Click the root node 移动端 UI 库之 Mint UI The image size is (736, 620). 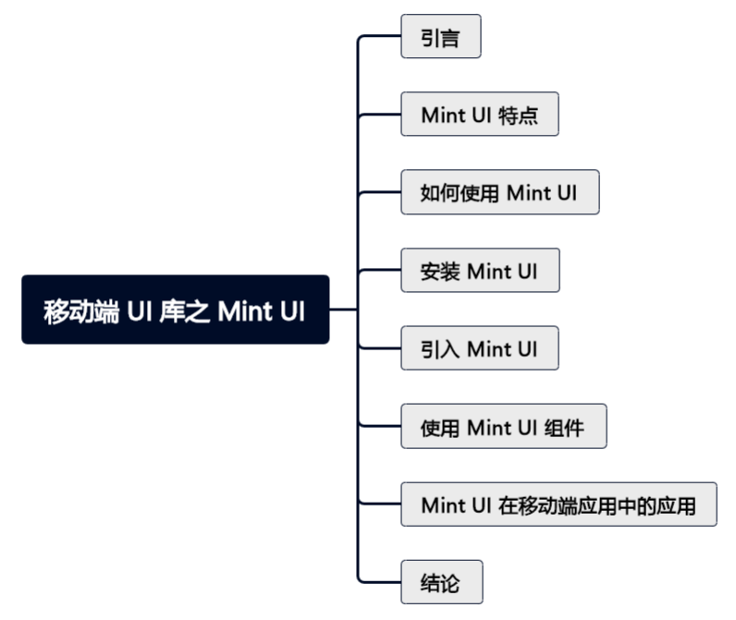point(175,310)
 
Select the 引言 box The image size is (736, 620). point(440,37)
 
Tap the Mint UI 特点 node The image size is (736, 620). point(479,115)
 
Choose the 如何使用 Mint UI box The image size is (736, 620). point(499,192)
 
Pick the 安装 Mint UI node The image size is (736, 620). point(479,271)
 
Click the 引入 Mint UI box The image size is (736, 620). point(479,348)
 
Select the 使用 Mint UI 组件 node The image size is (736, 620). point(503,427)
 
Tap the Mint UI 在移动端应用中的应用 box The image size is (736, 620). point(558,505)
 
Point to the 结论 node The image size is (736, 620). point(440,583)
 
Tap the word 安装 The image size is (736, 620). point(440,271)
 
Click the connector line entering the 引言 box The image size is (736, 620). point(379,37)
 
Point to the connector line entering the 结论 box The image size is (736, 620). point(379,582)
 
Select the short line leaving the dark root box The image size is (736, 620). point(342,310)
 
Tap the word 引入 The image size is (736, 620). point(440,348)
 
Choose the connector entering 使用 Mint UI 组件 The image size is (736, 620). point(379,427)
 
